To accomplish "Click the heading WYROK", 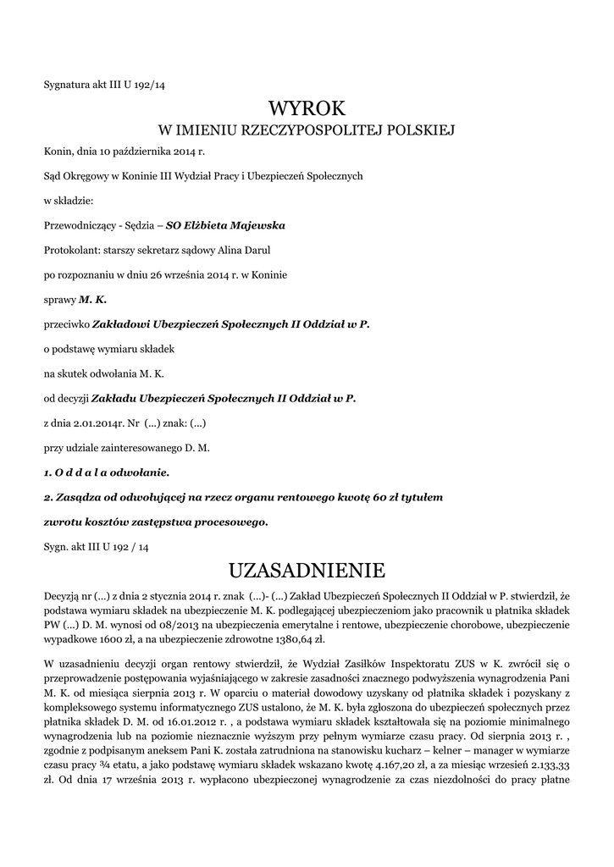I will coord(307,108).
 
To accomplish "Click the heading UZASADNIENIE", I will coord(307,566).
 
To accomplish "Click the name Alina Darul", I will coord(248,250).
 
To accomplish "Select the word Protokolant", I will coord(70,250).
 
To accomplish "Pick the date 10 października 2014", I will coord(138,152).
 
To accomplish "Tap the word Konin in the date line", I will coord(56,152).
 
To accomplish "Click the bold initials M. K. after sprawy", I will coord(92,299).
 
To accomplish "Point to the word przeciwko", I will coord(65,323).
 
